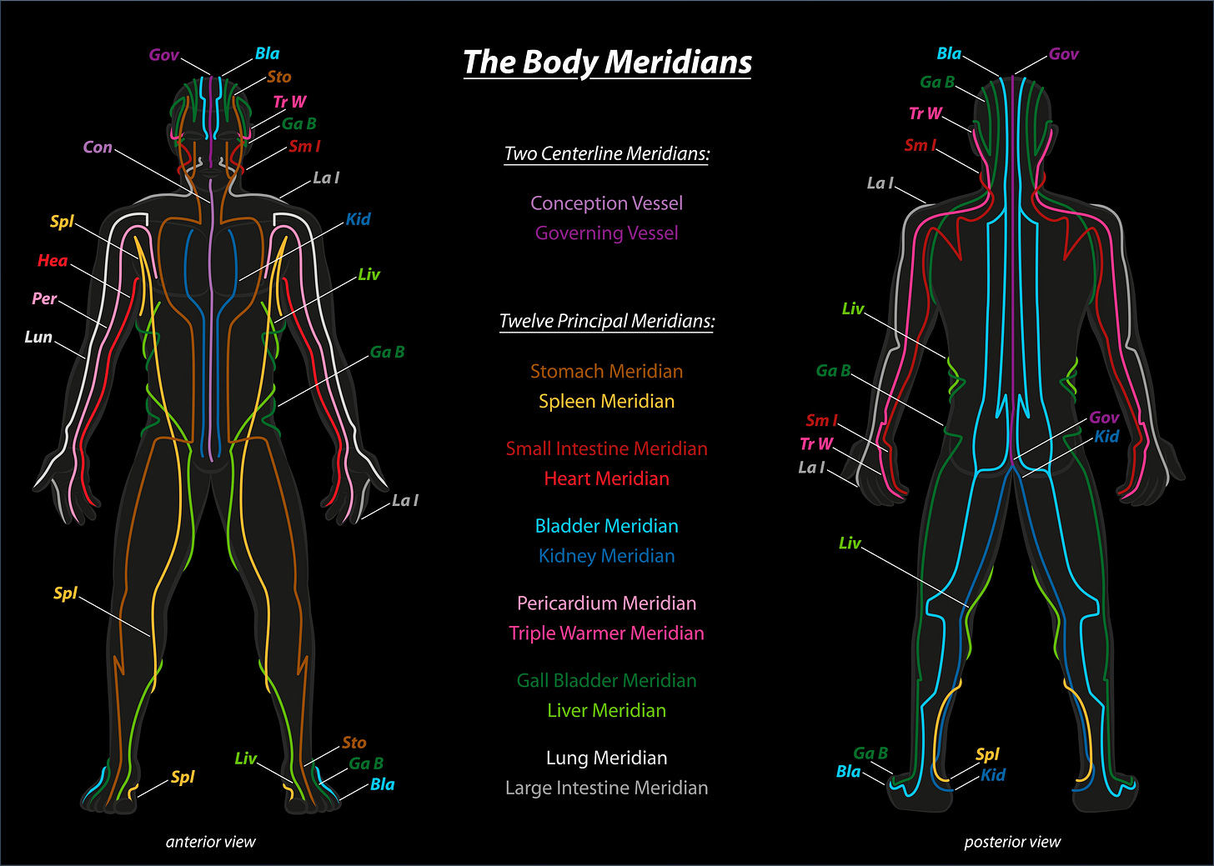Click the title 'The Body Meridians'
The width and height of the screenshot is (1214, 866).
(x=607, y=63)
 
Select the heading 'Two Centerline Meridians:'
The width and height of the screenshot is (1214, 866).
(x=607, y=153)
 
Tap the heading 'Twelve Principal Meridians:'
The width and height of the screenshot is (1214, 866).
(x=607, y=321)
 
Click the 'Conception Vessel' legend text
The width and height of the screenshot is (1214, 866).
(x=607, y=203)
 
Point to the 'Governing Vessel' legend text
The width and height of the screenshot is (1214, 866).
(x=607, y=233)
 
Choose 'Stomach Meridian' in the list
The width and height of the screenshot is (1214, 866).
(x=607, y=372)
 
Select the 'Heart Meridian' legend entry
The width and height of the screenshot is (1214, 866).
(x=607, y=478)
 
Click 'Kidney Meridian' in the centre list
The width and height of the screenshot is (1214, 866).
(x=607, y=556)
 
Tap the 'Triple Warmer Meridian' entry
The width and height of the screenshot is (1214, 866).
(x=607, y=633)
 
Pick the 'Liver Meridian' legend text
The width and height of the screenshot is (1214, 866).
(x=607, y=711)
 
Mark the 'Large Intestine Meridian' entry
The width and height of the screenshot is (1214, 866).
(x=607, y=788)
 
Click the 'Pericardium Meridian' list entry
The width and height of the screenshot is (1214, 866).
(x=607, y=603)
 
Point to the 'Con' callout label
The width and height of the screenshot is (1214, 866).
(x=98, y=148)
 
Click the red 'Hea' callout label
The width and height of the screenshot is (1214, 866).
(x=53, y=261)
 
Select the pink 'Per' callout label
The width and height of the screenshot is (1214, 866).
(x=45, y=298)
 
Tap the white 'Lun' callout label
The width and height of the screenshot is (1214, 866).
(x=38, y=338)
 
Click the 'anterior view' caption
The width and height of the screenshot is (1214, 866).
(x=211, y=842)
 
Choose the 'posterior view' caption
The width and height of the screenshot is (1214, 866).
(x=1012, y=842)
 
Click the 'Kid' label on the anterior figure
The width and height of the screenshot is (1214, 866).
(x=359, y=219)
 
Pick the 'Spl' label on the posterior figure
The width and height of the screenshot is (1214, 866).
(x=987, y=754)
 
